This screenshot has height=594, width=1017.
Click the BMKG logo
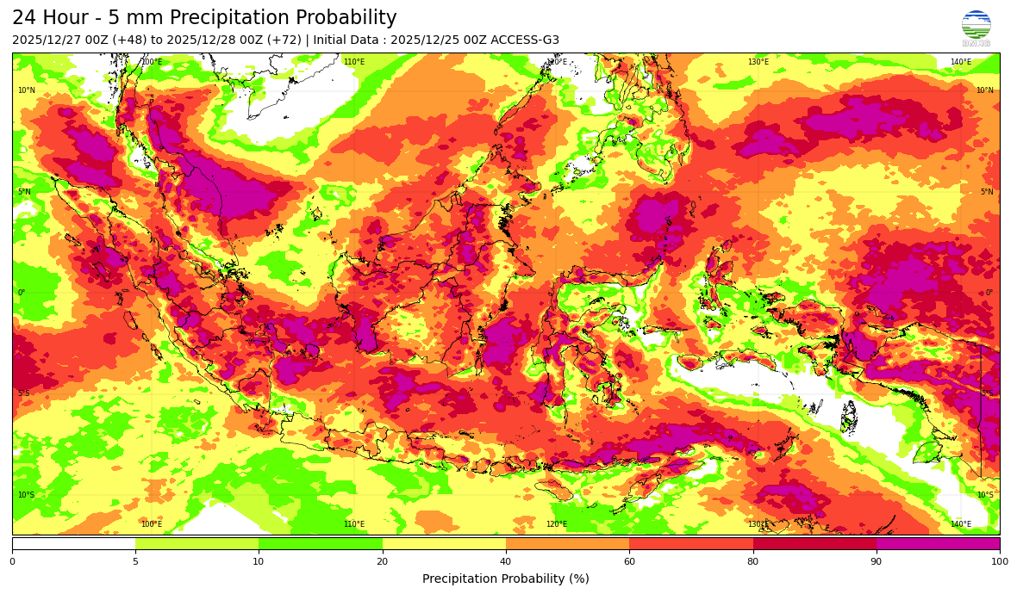click(976, 27)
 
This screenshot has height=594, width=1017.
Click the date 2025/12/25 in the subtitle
click(426, 40)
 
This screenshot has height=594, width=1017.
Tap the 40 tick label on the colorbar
click(506, 561)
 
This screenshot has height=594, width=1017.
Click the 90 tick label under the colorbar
click(877, 561)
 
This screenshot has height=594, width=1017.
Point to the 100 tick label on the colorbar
click(999, 561)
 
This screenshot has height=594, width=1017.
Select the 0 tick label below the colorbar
click(12, 561)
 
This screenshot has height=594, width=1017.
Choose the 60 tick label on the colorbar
click(629, 561)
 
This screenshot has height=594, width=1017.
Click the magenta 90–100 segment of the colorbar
click(938, 544)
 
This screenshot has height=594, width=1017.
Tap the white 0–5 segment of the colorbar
click(73, 544)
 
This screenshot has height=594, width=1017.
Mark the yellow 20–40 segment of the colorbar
click(444, 544)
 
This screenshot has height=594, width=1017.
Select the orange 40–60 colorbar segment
click(567, 544)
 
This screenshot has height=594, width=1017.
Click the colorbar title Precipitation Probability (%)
click(506, 579)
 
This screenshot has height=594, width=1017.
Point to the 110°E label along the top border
click(354, 62)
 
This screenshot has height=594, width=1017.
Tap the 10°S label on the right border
click(984, 495)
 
